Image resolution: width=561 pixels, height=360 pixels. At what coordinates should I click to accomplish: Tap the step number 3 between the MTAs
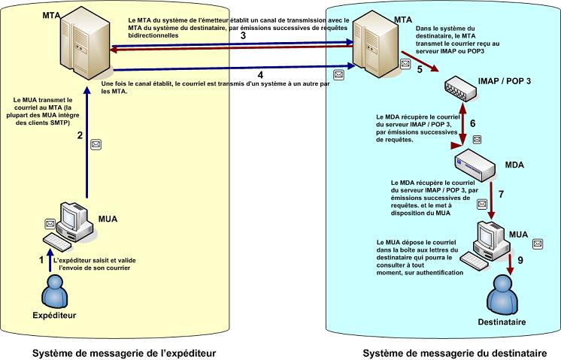242,35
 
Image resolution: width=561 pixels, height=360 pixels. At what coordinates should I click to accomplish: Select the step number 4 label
259,74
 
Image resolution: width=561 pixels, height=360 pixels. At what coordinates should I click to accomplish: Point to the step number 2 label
79,136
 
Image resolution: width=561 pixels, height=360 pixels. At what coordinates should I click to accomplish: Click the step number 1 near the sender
42,259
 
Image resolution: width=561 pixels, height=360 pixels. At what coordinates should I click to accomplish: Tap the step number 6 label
472,123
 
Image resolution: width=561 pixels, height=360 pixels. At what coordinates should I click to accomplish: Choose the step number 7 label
501,194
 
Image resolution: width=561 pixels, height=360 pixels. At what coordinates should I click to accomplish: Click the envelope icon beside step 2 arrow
96,143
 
